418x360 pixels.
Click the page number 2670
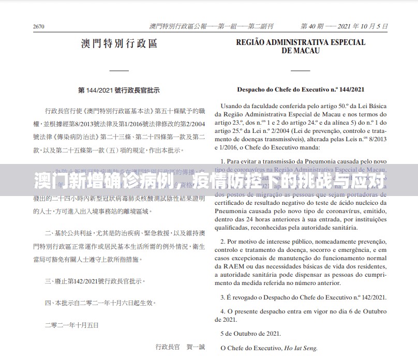click(39, 26)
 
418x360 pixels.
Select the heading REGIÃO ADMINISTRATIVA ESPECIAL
click(301, 43)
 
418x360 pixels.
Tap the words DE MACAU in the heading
click(301, 51)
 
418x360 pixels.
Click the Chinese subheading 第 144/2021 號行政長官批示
click(119, 91)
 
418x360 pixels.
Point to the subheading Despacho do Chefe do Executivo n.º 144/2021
click(301, 89)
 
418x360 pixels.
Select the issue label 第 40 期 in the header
click(313, 26)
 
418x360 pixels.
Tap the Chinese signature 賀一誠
click(196, 347)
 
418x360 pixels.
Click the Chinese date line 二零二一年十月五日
click(71, 325)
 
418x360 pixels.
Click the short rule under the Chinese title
click(119, 70)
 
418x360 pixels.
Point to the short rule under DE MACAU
click(301, 70)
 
